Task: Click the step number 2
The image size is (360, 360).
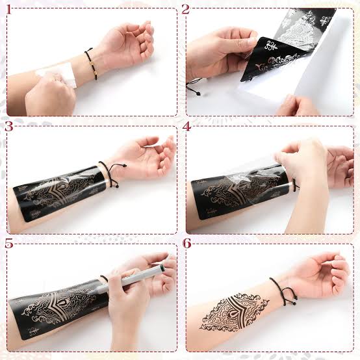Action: point(186,9)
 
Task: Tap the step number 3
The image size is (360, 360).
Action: point(8,127)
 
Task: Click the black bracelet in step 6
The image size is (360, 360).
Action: point(279,292)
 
